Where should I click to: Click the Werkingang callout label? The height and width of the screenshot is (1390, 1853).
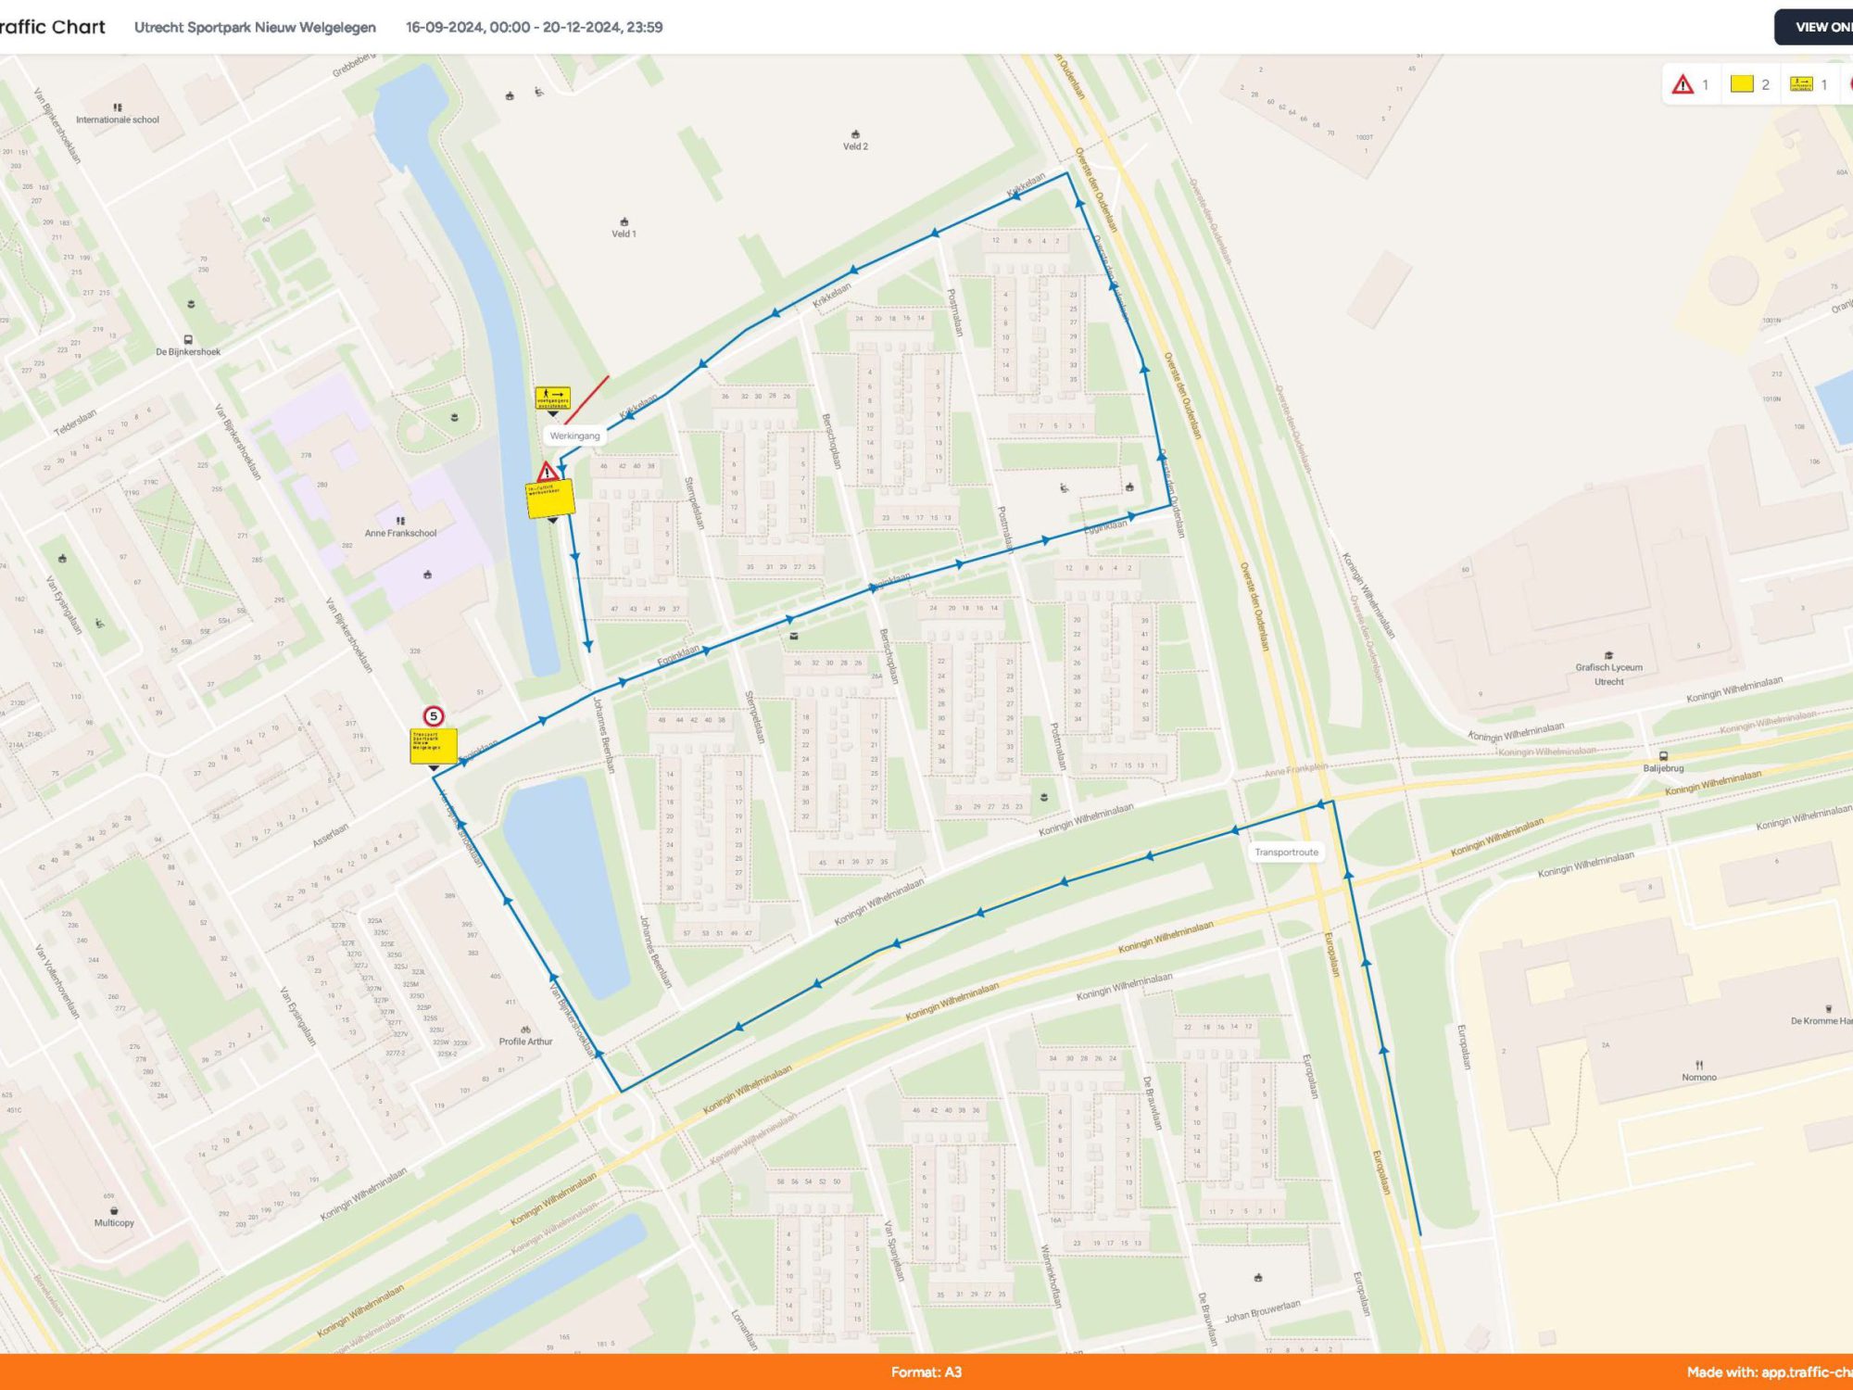tap(574, 436)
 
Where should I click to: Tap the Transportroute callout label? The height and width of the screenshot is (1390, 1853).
tap(1286, 852)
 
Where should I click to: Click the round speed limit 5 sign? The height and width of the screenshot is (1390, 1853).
tap(433, 716)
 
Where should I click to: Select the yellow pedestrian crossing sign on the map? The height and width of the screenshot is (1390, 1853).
tap(552, 398)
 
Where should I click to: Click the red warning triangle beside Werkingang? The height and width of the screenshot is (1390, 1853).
tap(547, 473)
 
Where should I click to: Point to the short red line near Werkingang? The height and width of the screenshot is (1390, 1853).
tap(587, 399)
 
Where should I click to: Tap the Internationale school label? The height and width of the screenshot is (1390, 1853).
tap(118, 120)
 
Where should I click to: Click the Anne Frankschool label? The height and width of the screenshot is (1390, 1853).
tap(400, 533)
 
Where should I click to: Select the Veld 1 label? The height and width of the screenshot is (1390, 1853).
tap(624, 234)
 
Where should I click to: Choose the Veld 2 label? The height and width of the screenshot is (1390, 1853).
tap(855, 146)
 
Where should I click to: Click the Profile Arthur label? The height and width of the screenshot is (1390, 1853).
tap(525, 1041)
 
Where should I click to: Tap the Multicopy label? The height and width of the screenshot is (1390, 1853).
tap(114, 1222)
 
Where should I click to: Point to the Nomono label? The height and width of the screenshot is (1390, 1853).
tap(1699, 1077)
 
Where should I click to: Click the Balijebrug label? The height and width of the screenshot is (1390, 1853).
tap(1663, 767)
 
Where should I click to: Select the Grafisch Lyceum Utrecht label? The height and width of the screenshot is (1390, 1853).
tap(1608, 674)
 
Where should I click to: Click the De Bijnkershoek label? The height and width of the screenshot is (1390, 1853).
tap(188, 351)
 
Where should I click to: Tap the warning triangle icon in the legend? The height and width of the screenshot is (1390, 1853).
tap(1683, 84)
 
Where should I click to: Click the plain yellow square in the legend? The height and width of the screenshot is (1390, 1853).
tap(1742, 84)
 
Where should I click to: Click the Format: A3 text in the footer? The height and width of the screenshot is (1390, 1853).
tap(926, 1372)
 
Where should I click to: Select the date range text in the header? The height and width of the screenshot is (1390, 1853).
tap(534, 27)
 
